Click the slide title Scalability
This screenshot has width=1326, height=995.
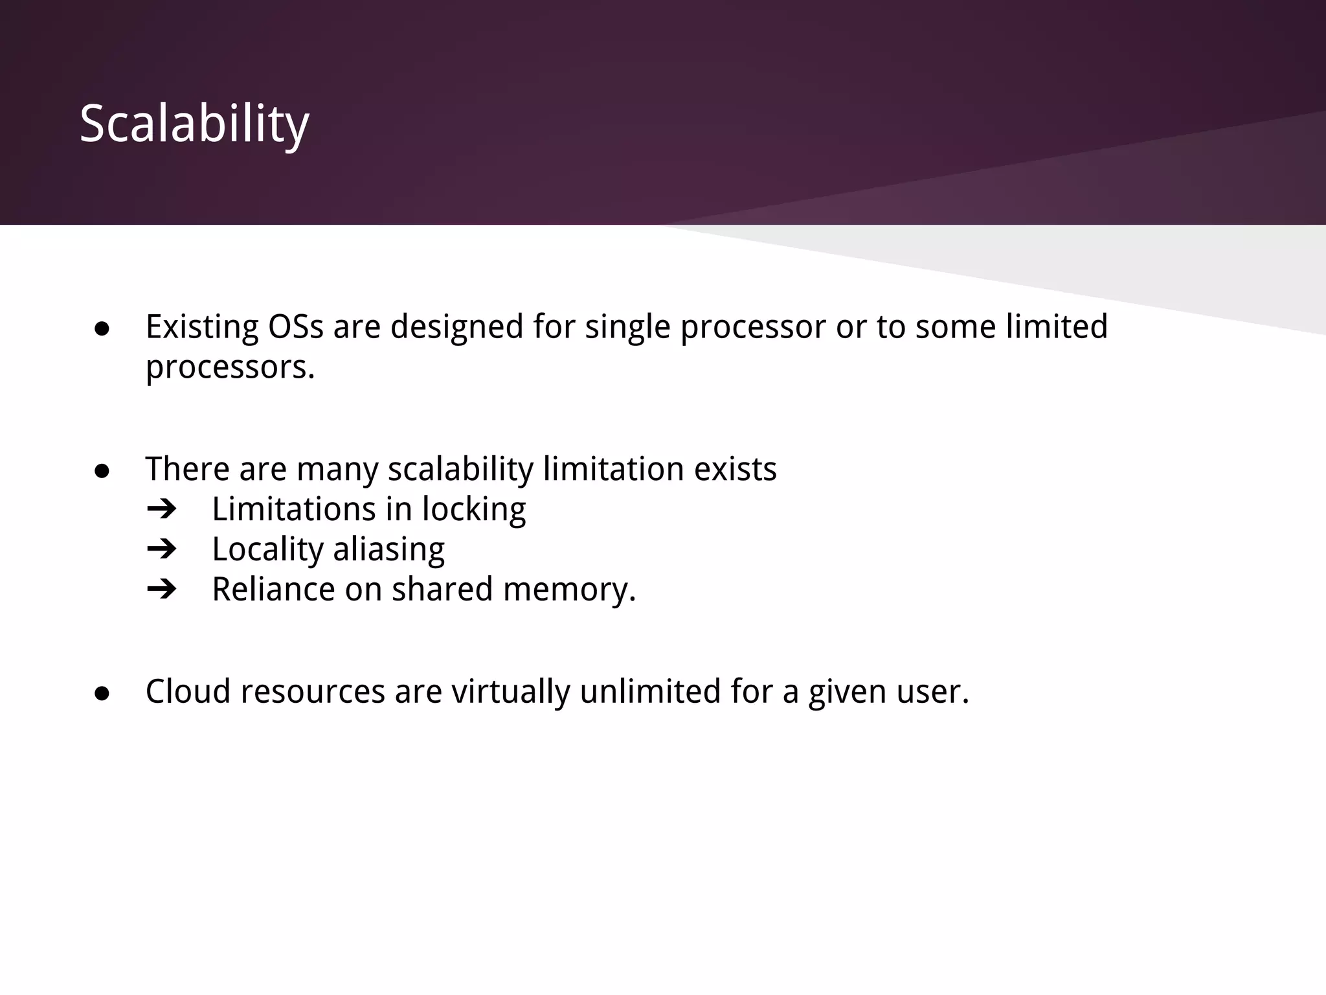coord(194,124)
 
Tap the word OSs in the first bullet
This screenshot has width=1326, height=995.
coord(295,326)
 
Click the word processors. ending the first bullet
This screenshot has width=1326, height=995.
coord(230,368)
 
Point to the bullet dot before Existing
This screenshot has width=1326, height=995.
coord(102,329)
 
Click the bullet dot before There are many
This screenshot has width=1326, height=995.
coord(102,472)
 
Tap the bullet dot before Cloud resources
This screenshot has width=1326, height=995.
coord(102,694)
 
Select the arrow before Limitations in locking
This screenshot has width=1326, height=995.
coord(162,509)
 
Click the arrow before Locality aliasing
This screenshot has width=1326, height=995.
coord(162,549)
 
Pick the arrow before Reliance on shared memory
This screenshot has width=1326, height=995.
coord(162,589)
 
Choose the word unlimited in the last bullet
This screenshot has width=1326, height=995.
coord(650,691)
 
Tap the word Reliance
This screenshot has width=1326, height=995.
coord(273,589)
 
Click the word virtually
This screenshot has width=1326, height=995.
coord(510,691)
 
